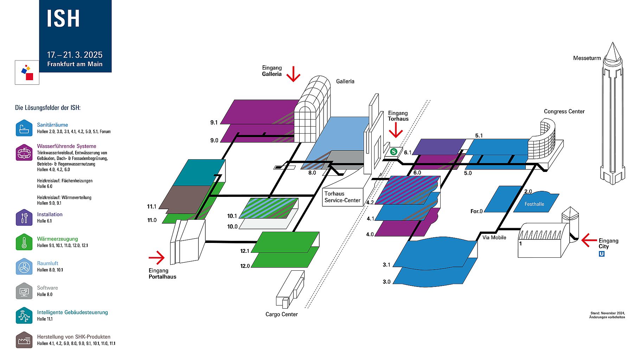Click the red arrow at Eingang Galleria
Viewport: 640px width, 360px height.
[x=293, y=73]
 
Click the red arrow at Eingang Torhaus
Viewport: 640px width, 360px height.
[x=396, y=130]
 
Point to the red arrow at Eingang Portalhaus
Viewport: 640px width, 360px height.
[x=157, y=257]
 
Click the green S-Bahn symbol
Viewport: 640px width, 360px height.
[x=393, y=152]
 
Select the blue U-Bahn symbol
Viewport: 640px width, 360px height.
[x=602, y=253]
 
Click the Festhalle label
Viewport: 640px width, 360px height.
[x=534, y=204]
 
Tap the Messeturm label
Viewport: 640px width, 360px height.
[x=587, y=58]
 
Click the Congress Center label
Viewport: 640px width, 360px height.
[x=564, y=111]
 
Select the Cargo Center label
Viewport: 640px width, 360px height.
[x=282, y=314]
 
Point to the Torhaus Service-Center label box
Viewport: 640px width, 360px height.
[x=343, y=197]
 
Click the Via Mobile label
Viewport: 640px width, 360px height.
[x=494, y=238]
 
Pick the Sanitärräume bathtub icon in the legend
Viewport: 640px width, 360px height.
[x=24, y=128]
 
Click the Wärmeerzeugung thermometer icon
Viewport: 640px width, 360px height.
[x=24, y=242]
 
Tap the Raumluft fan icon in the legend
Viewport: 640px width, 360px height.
[x=24, y=266]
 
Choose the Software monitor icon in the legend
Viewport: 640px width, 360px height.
[x=24, y=291]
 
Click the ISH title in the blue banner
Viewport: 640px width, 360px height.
[x=63, y=19]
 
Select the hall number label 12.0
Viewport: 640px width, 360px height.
[x=245, y=266]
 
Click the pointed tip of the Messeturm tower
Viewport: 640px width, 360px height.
[x=613, y=43]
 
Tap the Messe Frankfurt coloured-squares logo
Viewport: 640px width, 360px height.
[x=27, y=72]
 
